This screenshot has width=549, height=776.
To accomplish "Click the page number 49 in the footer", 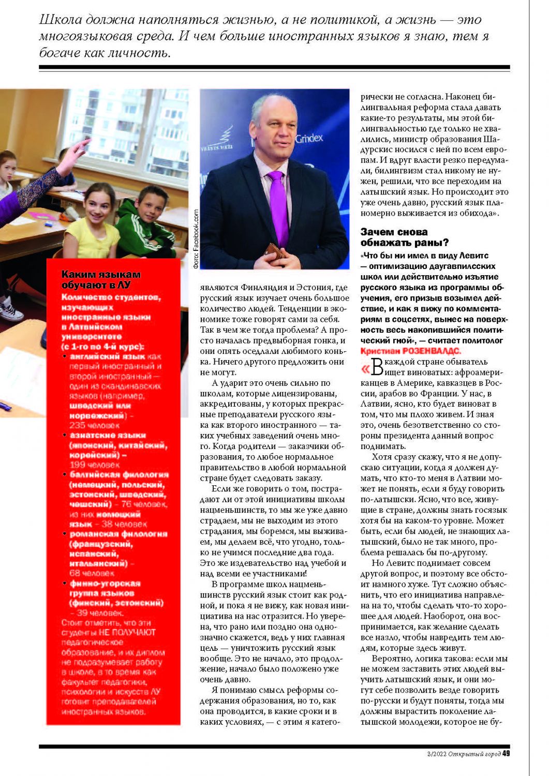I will pyautogui.click(x=506, y=753).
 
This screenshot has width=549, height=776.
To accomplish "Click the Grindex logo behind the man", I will pyautogui.click(x=309, y=138).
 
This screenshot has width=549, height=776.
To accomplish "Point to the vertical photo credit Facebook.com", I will pyautogui.click(x=196, y=238).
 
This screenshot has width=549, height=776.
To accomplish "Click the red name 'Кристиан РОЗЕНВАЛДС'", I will pyautogui.click(x=410, y=351).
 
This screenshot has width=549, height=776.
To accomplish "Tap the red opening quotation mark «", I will pyautogui.click(x=365, y=369).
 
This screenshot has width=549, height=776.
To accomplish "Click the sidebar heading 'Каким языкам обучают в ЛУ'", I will pyautogui.click(x=101, y=279).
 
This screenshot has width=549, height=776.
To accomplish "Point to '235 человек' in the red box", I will pyautogui.click(x=94, y=425).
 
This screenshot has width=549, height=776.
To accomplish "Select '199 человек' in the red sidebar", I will pyautogui.click(x=94, y=465).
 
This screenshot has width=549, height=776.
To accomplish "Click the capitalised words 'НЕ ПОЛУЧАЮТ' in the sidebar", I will pyautogui.click(x=127, y=632).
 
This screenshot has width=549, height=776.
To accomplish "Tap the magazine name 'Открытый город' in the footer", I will pyautogui.click(x=474, y=754).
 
